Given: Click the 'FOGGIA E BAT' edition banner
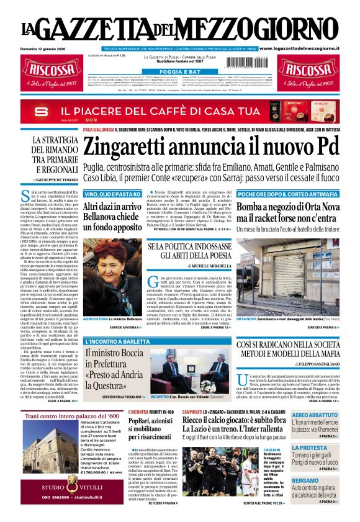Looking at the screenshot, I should (x=179, y=72).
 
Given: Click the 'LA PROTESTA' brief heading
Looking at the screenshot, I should (x=308, y=448).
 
